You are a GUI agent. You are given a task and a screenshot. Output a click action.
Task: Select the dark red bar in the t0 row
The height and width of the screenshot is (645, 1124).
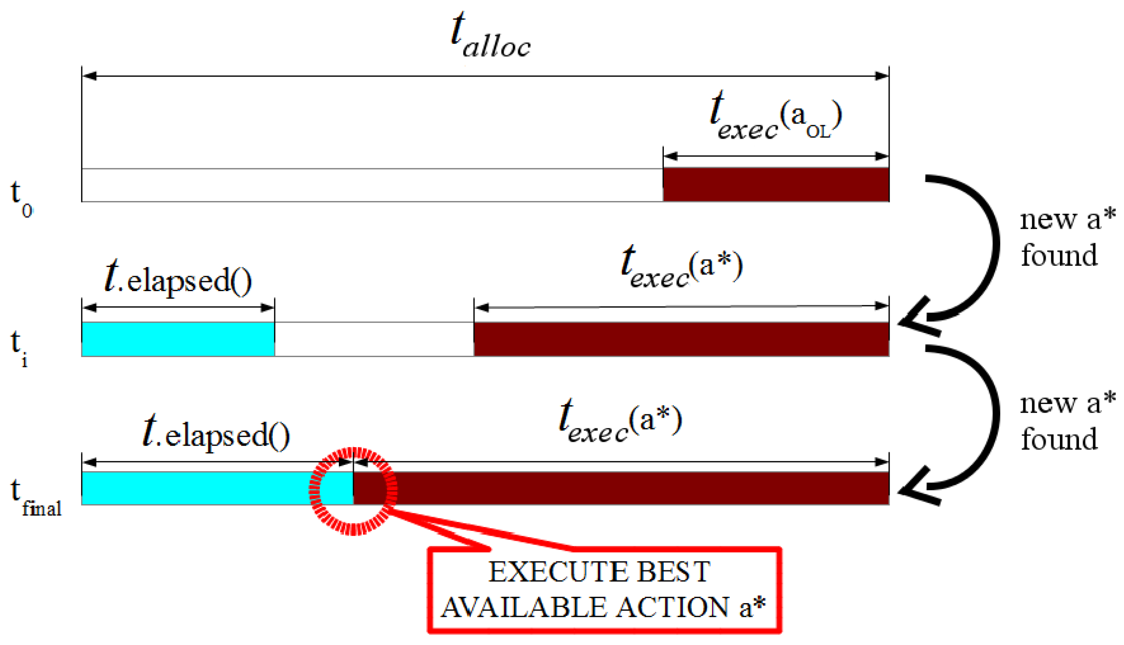coord(776,185)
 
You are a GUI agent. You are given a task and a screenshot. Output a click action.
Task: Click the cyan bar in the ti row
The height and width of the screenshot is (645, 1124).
coord(178,339)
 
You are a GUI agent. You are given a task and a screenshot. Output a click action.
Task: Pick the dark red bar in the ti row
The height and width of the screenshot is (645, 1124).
coord(681,339)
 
